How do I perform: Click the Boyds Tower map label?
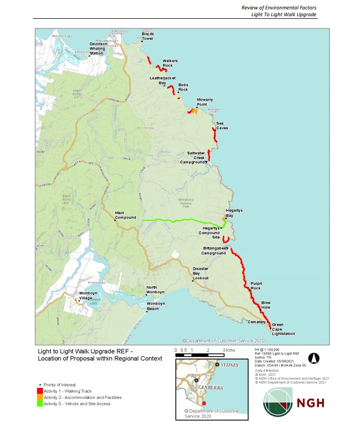[148, 36]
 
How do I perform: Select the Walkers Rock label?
[170, 63]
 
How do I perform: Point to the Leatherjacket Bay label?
[158, 81]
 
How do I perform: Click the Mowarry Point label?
[204, 102]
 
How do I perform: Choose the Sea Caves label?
[222, 125]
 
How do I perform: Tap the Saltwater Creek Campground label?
[196, 157]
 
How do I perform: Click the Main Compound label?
[125, 215]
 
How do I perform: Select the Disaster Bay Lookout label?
[201, 273]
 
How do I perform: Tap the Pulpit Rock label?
[256, 286]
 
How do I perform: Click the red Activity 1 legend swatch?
[40, 391]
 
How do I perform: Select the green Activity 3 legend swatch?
[40, 404]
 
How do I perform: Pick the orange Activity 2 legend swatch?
[40, 397]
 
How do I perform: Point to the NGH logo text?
[310, 403]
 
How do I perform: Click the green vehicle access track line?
[178, 221]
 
